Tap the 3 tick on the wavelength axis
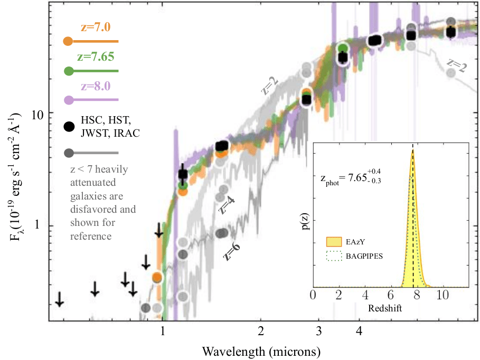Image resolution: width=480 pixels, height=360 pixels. (319, 331)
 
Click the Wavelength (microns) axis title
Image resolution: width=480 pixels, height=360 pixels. (261, 350)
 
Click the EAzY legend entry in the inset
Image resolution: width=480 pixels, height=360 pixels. (355, 242)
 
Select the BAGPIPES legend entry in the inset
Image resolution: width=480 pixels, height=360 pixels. (364, 257)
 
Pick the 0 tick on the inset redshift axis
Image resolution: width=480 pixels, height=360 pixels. (313, 297)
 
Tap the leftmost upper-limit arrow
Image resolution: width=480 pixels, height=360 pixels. (60, 299)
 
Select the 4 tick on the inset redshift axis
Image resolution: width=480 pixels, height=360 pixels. (365, 297)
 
